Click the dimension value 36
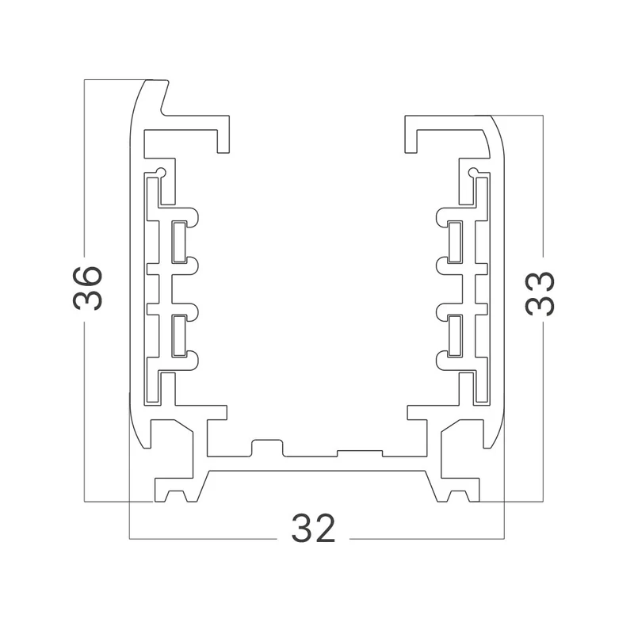pos(87,288)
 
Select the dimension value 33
pos(540,293)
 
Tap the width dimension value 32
pos(313,528)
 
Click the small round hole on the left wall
pos(161,171)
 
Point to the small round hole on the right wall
pos(473,172)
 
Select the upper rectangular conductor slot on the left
pos(179,242)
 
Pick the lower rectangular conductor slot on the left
pos(179,336)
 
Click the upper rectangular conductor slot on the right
pos(455,242)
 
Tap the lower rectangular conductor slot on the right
pos(455,336)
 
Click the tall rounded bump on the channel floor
pos(267,447)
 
